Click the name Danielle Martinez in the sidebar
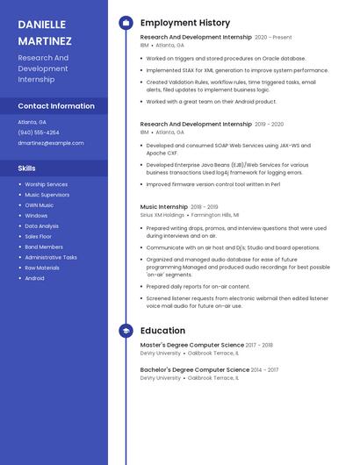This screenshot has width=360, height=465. click(45, 32)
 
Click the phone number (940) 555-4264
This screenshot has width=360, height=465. click(39, 132)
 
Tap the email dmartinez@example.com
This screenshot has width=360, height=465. click(51, 142)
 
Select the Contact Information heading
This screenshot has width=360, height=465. click(56, 106)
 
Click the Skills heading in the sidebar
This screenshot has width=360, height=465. click(27, 168)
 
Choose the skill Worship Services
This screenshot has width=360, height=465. click(46, 184)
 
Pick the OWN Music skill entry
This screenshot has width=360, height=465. click(39, 205)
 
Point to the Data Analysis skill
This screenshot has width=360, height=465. click(41, 225)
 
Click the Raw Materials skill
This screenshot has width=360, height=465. click(42, 268)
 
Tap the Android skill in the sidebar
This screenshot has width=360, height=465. click(34, 278)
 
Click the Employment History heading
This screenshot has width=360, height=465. click(185, 23)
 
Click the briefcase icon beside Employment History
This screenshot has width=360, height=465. click(126, 23)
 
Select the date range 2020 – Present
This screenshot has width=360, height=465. click(273, 38)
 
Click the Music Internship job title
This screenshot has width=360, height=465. click(164, 207)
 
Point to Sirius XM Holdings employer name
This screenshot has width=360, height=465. click(162, 214)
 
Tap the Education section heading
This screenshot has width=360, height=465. click(162, 331)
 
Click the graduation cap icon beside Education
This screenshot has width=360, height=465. click(126, 331)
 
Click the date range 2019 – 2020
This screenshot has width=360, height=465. click(269, 125)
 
